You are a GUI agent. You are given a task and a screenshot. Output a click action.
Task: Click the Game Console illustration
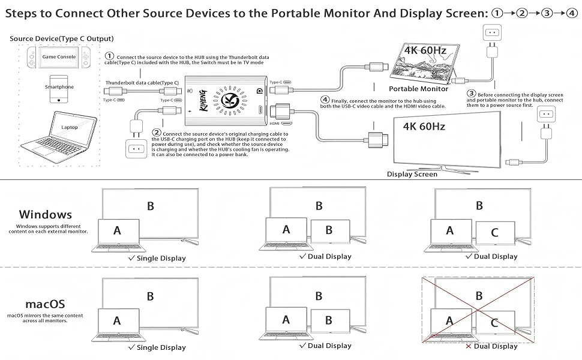(59, 58)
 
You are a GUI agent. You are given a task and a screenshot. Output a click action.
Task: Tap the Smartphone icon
(59, 88)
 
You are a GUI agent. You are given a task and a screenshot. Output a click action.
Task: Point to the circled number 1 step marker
(109, 56)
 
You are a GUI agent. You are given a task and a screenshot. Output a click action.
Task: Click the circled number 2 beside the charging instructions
(156, 132)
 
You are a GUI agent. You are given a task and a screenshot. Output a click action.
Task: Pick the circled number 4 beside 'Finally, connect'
(325, 100)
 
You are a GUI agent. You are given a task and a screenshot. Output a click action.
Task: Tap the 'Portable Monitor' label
(422, 89)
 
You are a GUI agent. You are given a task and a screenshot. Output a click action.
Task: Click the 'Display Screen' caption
(412, 174)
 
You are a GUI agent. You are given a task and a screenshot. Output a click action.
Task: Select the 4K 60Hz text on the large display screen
(424, 127)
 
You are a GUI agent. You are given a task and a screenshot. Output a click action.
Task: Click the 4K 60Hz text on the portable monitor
(425, 50)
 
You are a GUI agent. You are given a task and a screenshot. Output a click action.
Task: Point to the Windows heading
(45, 214)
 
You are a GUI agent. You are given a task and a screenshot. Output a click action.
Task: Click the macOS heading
(45, 304)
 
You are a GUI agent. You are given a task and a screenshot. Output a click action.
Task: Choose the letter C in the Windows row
(495, 233)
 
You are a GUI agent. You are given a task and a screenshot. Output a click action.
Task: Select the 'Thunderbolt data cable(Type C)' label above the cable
(142, 83)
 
